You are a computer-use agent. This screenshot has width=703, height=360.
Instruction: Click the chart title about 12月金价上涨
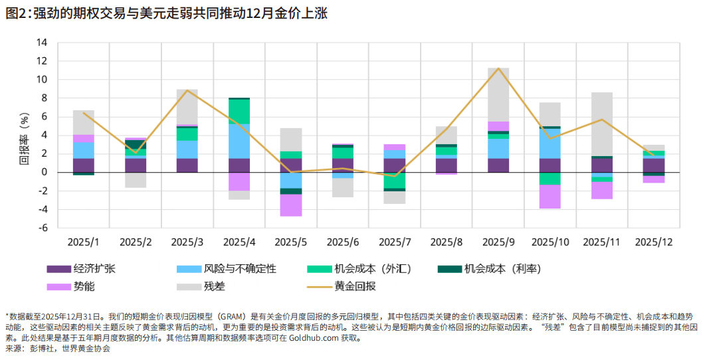point(166,13)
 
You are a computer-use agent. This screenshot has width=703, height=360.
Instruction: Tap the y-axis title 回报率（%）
point(24,135)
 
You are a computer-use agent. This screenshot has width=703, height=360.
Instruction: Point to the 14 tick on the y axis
point(42,43)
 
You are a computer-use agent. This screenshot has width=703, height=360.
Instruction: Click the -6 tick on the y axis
point(42,228)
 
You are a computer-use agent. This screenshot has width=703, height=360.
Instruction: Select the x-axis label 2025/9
point(498,242)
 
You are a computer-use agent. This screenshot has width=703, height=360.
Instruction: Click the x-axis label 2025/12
point(654,242)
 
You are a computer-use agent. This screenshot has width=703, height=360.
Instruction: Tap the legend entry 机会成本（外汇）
point(372,269)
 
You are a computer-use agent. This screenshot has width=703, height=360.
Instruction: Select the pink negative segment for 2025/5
point(290,205)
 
